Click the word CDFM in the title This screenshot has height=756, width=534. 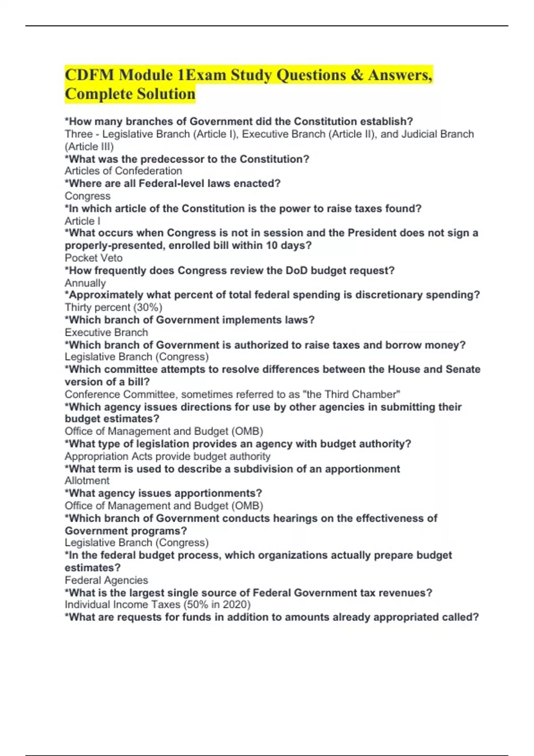tap(89, 75)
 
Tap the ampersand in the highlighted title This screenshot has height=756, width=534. tap(357, 75)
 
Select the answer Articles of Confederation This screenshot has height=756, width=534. tap(123, 171)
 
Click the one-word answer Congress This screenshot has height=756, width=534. tap(87, 196)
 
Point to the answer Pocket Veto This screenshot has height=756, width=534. tap(93, 258)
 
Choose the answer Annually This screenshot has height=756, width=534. tap(85, 283)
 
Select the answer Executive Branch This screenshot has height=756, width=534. tap(106, 333)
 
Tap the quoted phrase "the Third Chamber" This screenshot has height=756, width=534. tap(352, 394)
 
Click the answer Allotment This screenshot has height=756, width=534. tap(87, 481)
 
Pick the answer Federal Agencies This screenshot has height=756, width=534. tap(106, 580)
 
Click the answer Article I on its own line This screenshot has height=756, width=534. tap(82, 221)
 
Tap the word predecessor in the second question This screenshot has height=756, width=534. tap(172, 159)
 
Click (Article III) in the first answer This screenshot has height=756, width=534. tap(89, 147)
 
